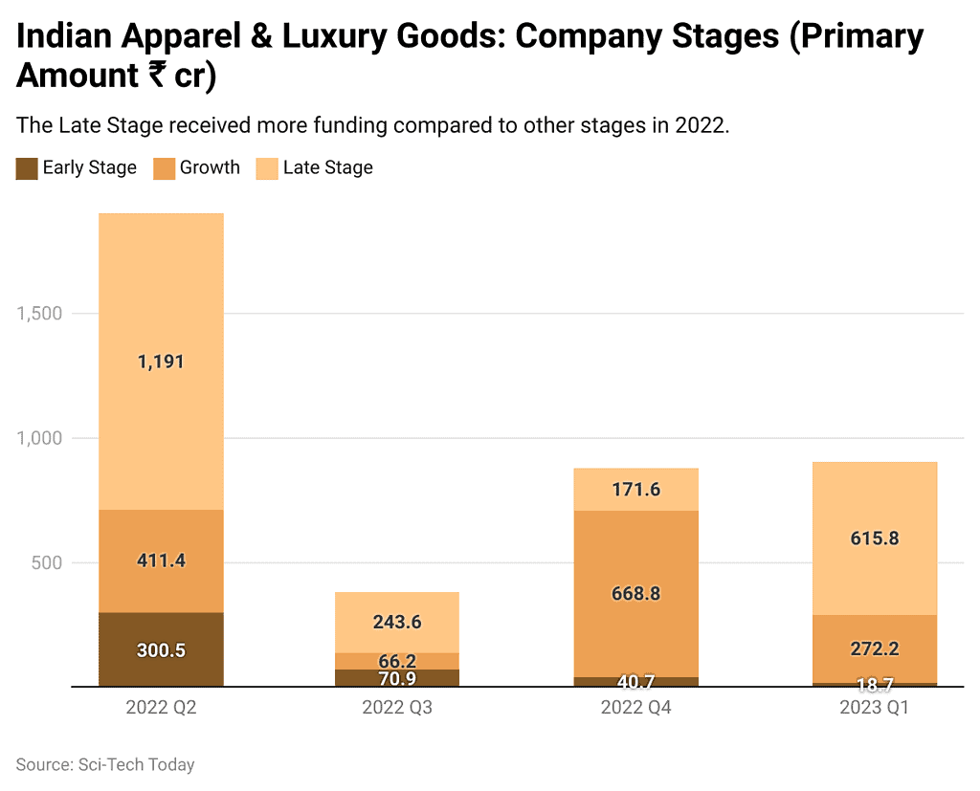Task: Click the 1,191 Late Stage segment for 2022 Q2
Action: (161, 362)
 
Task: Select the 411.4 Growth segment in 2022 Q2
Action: (161, 560)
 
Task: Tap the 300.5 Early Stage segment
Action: (161, 649)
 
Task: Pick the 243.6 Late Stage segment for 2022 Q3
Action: (397, 622)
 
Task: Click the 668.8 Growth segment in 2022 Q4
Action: (636, 593)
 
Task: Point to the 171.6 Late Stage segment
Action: (636, 489)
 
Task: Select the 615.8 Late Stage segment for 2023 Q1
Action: (874, 538)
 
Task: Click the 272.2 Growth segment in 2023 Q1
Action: (874, 648)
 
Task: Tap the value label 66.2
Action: (397, 662)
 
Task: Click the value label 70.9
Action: (397, 679)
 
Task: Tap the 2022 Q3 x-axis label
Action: (397, 709)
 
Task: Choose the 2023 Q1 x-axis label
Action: (874, 709)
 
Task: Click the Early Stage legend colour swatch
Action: (27, 168)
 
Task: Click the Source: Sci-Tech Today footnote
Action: (105, 764)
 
